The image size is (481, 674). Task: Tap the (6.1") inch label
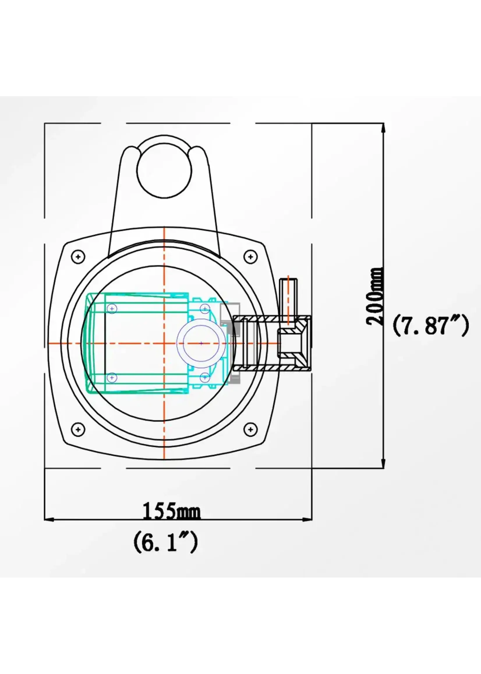(x=166, y=541)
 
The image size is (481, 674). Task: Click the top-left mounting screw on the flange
(x=78, y=256)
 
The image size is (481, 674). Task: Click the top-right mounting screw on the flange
(x=251, y=256)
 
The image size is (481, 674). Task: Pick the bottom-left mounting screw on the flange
(x=78, y=429)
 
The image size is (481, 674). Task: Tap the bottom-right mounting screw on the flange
(x=251, y=429)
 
